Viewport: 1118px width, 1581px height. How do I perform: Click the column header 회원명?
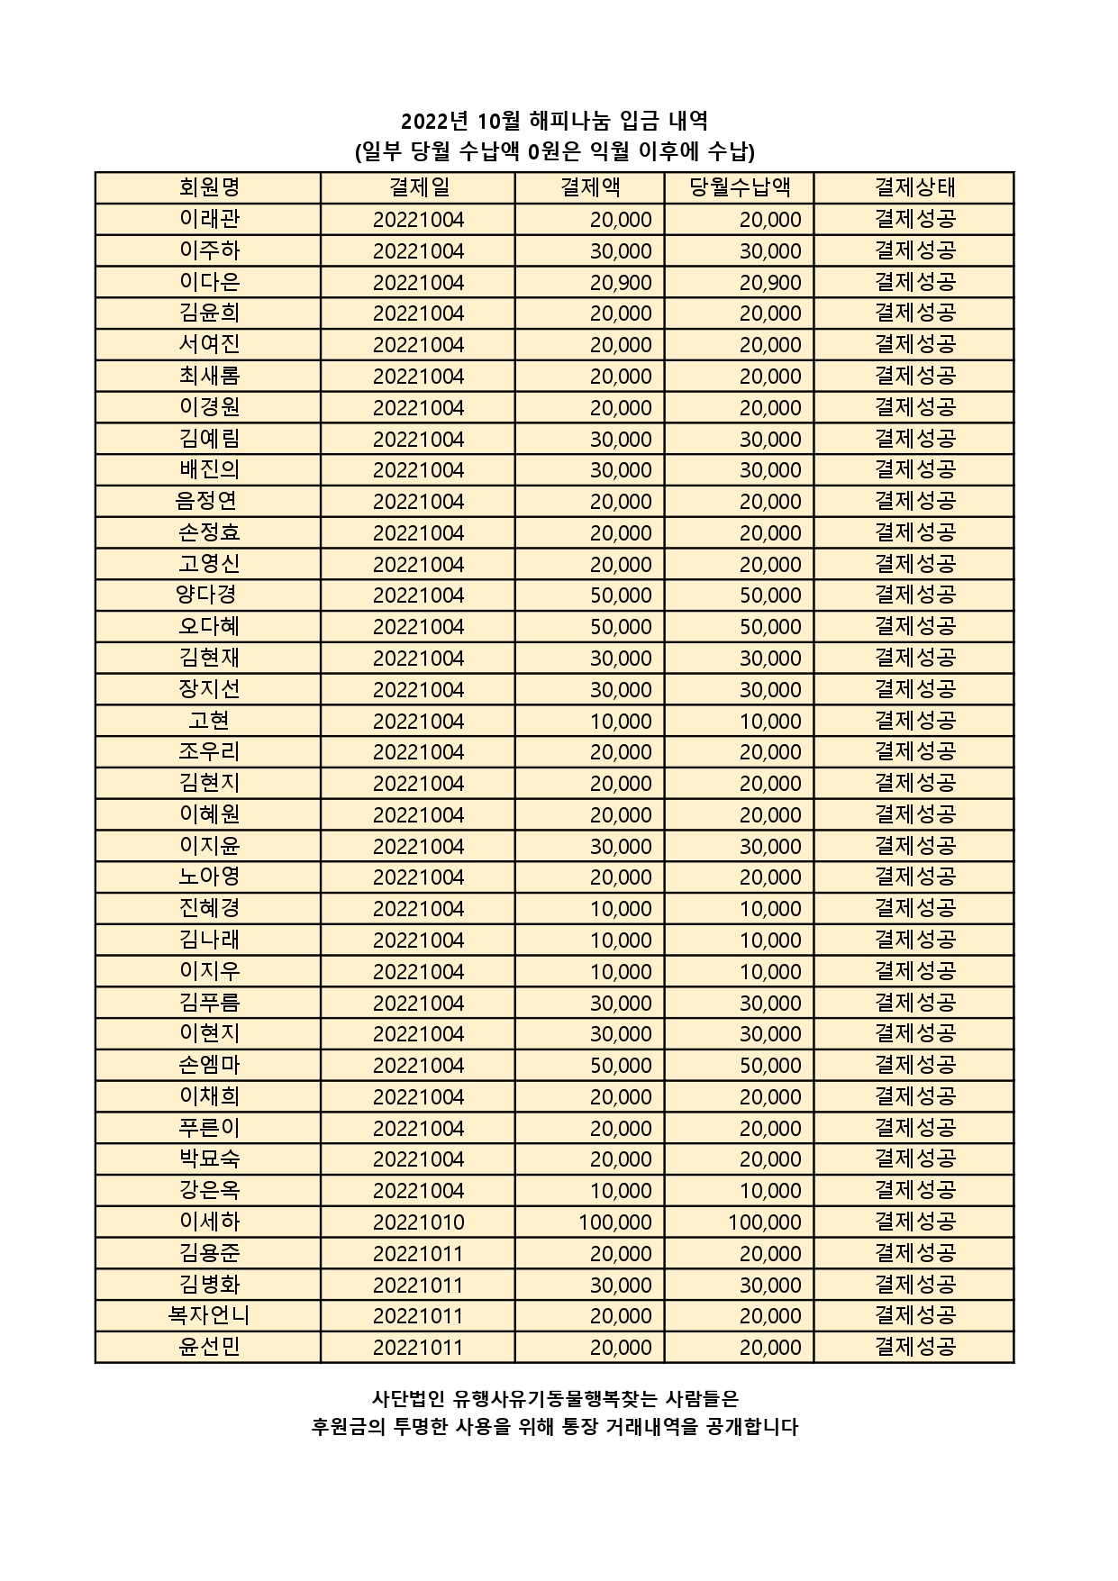209,187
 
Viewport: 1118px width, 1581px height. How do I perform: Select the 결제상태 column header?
914,187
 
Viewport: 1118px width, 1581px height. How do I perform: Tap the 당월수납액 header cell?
740,187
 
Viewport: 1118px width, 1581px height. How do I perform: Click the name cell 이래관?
209,219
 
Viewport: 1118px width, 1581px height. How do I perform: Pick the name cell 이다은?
209,282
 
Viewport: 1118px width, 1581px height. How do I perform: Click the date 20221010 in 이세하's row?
418,1222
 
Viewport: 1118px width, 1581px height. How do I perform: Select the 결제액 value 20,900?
621,283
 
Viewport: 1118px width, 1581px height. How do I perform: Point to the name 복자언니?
209,1316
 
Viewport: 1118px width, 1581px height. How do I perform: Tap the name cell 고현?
209,721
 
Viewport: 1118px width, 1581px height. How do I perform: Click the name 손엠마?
209,1066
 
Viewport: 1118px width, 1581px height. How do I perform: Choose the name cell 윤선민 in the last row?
209,1348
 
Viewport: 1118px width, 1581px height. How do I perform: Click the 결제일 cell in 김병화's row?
418,1286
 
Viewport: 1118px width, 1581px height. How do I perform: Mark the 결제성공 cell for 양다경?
914,595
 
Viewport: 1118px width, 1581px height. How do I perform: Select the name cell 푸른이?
209,1128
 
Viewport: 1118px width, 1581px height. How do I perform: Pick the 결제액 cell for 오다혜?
621,627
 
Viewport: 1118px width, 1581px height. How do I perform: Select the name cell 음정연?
207,501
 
